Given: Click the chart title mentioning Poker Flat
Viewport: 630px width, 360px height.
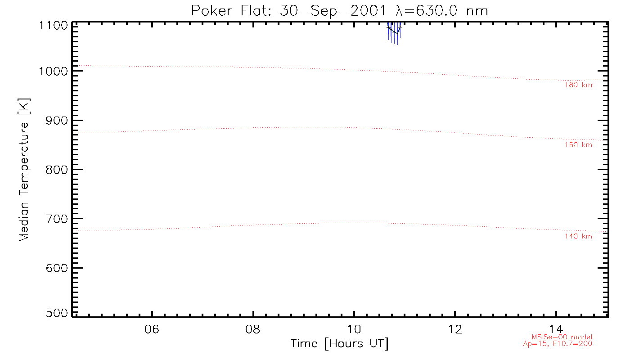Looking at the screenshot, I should pos(340,10).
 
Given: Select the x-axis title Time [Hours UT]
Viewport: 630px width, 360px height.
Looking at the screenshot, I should pos(340,344).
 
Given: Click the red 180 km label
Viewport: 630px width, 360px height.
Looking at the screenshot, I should pos(578,85).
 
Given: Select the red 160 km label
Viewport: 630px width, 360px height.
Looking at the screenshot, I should pos(578,145).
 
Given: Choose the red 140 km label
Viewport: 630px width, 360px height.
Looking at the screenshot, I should pos(578,236).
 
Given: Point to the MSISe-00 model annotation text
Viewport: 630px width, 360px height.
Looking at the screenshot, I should pos(562,337).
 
